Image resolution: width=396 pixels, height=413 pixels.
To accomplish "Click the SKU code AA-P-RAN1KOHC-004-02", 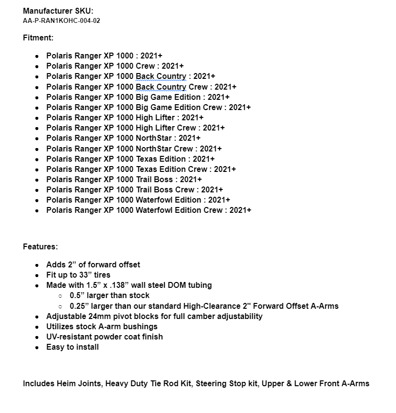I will tap(61, 21).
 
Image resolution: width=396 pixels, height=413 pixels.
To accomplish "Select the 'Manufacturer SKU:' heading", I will tap(58, 11).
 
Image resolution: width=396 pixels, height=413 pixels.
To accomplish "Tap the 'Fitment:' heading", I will tap(38, 38).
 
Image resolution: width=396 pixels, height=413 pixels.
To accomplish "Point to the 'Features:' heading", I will tap(40, 246).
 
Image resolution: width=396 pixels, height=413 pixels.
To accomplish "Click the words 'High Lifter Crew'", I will tap(166, 128).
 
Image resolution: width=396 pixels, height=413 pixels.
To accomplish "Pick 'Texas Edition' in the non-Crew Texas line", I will tap(160, 159).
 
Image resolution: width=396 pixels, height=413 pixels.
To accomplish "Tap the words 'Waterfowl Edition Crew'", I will tap(179, 210).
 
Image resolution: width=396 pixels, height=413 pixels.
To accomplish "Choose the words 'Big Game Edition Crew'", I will tap(178, 107).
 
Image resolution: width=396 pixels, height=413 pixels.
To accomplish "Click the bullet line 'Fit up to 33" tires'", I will tap(79, 275).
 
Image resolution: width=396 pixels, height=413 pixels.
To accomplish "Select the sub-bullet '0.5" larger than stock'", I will tap(110, 295).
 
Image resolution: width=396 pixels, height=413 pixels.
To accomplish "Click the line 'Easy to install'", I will tap(73, 347).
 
